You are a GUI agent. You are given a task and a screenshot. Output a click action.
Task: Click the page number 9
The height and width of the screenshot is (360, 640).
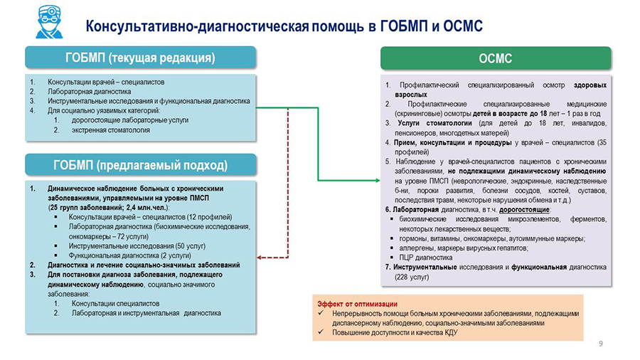click(x=601, y=344)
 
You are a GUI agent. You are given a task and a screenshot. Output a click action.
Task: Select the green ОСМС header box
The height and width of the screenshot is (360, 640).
click(x=495, y=58)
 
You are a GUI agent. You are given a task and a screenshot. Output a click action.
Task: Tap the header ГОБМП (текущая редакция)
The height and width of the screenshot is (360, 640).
click(x=140, y=58)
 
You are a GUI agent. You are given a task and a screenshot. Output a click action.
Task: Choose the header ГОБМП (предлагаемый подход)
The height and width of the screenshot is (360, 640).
click(x=140, y=165)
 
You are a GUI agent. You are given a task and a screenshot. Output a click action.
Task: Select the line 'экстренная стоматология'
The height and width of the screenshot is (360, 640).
click(x=110, y=130)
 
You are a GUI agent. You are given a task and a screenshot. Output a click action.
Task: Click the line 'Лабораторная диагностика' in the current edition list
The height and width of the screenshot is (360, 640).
click(x=89, y=91)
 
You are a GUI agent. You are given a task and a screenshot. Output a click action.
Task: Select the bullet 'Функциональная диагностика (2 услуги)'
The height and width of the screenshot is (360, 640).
click(x=126, y=255)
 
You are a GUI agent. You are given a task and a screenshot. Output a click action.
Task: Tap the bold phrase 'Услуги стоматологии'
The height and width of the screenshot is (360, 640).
click(x=430, y=123)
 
